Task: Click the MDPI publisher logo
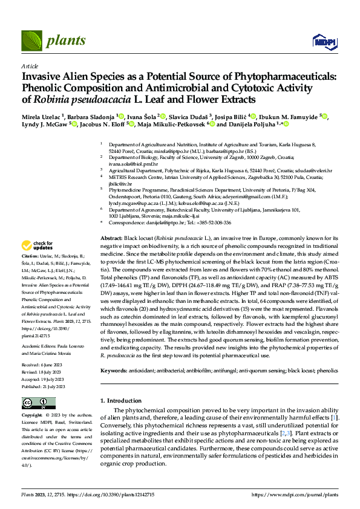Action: coord(321,41)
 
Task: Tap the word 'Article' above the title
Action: coord(29,65)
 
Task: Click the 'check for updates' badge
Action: coord(36,245)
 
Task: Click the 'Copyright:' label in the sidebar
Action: coord(32,416)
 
